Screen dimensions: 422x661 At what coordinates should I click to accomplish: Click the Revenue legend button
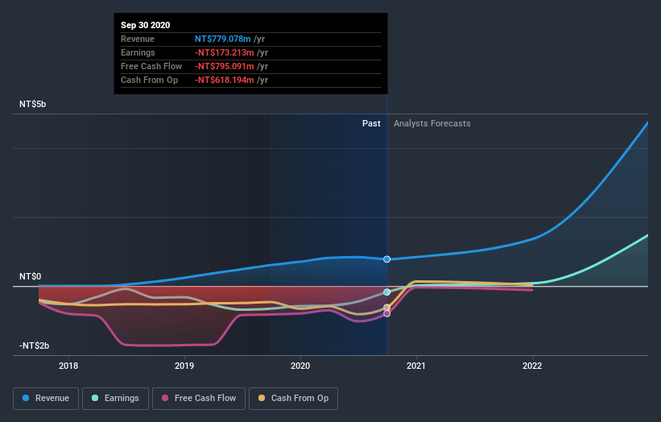[x=46, y=398]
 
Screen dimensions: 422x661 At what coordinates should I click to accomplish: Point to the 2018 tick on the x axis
[x=68, y=364]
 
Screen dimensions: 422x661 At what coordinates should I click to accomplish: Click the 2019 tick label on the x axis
[x=184, y=364]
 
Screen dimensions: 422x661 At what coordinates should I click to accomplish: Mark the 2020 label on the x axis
[x=300, y=364]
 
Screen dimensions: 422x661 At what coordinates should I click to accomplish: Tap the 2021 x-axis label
[x=416, y=364]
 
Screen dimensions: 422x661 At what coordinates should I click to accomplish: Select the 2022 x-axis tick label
[x=532, y=364]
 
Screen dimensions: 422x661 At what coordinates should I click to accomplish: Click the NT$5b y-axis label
[x=36, y=105]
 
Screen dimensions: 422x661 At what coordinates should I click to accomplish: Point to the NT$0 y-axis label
[x=30, y=276]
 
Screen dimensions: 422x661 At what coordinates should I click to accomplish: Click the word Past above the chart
[x=371, y=123]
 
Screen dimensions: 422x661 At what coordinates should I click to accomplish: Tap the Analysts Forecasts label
[x=432, y=123]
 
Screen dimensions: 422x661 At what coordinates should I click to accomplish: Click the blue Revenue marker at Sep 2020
[x=387, y=259]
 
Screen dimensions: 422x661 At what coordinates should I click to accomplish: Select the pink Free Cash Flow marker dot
[x=387, y=313]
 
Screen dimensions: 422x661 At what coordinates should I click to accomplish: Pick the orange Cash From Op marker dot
[x=387, y=307]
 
